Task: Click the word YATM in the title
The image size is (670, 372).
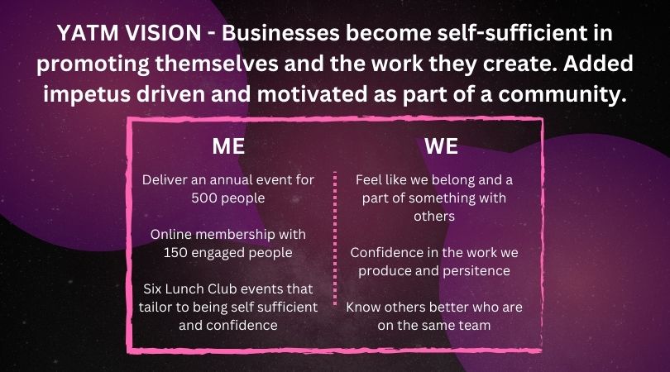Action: click(87, 33)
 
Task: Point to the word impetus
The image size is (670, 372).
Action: click(87, 94)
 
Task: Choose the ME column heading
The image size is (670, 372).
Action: click(228, 146)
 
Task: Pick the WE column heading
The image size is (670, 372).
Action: click(442, 146)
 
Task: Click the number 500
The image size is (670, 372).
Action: click(203, 198)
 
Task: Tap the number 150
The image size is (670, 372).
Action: click(175, 253)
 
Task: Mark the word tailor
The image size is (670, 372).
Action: click(153, 307)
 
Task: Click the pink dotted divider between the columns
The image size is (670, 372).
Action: click(335, 238)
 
